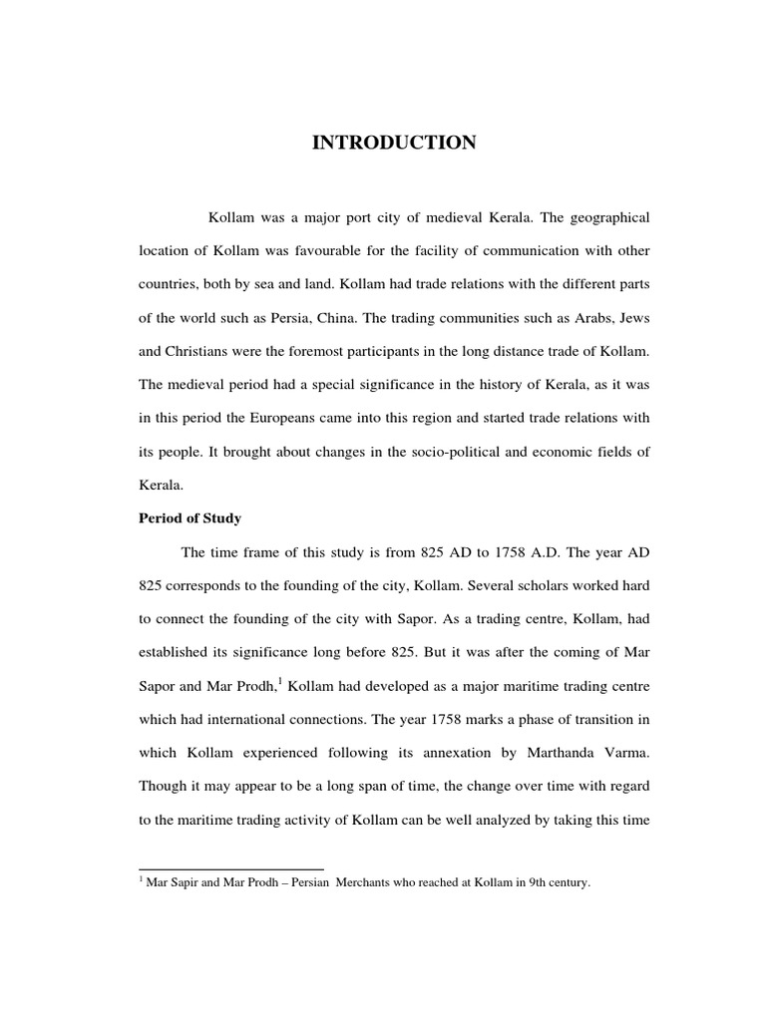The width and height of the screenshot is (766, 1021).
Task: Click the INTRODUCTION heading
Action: (x=394, y=144)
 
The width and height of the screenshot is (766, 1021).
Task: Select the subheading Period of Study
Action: (x=190, y=518)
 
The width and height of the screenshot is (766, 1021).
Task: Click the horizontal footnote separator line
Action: (x=231, y=869)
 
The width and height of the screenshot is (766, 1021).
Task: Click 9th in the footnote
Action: (x=522, y=883)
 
